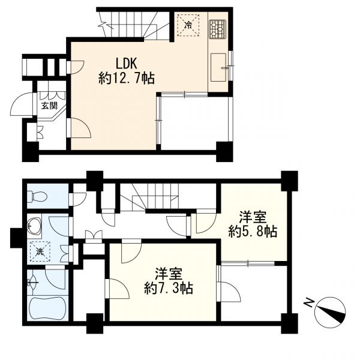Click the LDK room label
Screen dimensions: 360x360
pos(126,64)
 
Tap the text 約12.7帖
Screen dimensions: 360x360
pos(126,78)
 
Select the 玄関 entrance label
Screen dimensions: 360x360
pos(49,106)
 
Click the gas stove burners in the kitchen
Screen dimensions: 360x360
pos(217,29)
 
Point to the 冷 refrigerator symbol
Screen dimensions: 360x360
pos(188,25)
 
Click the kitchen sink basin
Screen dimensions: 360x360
pos(218,67)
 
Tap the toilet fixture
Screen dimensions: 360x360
pos(37,197)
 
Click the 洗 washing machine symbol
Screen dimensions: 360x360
pos(40,251)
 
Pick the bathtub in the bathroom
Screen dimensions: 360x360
pos(48,308)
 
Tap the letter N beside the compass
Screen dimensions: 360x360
pos(309,302)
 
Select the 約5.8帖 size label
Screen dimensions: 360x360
pos(253,231)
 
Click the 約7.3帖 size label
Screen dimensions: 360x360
pos(169,288)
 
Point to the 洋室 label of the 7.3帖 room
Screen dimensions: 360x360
pos(169,274)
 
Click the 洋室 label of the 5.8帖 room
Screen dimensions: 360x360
pos(253,217)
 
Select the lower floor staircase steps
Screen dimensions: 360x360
pos(149,197)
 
